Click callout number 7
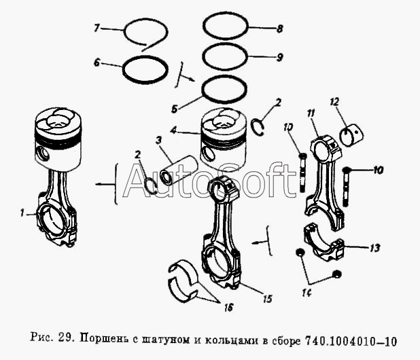coord(97,28)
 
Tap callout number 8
coord(279,29)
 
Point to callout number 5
coord(175,109)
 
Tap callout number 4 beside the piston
coord(173,131)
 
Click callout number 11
coord(311,113)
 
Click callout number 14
coord(307,293)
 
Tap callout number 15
coord(267,299)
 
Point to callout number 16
coord(228,308)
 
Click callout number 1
coord(22,213)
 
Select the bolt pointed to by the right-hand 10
coord(346,186)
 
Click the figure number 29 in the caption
coord(64,337)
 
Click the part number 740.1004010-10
coord(351,341)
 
